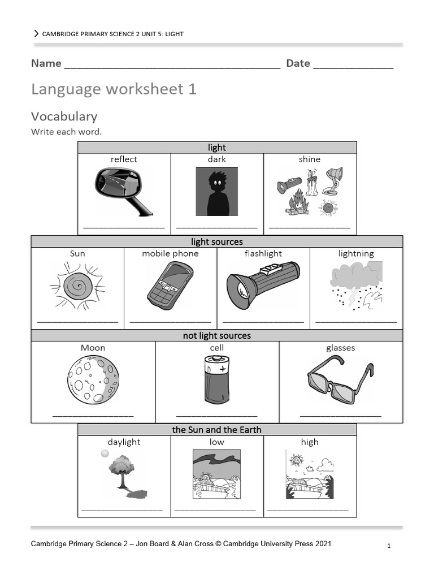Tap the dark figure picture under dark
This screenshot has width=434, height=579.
coord(217,191)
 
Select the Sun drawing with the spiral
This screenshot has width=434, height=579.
coord(77,285)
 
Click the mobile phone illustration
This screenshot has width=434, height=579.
coord(170,286)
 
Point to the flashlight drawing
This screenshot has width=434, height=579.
coord(263,286)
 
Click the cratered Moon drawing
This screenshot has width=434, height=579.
coord(93,379)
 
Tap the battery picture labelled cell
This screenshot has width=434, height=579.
coord(216,378)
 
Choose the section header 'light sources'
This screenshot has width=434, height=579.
coord(217,242)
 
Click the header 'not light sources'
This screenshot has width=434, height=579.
coord(217,336)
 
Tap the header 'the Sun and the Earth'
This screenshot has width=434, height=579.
coord(217,430)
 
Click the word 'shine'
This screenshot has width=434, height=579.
coord(310,159)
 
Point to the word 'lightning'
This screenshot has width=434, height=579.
coord(356,253)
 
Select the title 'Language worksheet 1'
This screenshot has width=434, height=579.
coord(114,89)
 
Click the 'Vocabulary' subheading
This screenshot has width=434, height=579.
coord(64,116)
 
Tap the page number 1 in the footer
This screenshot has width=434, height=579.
coord(389,546)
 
